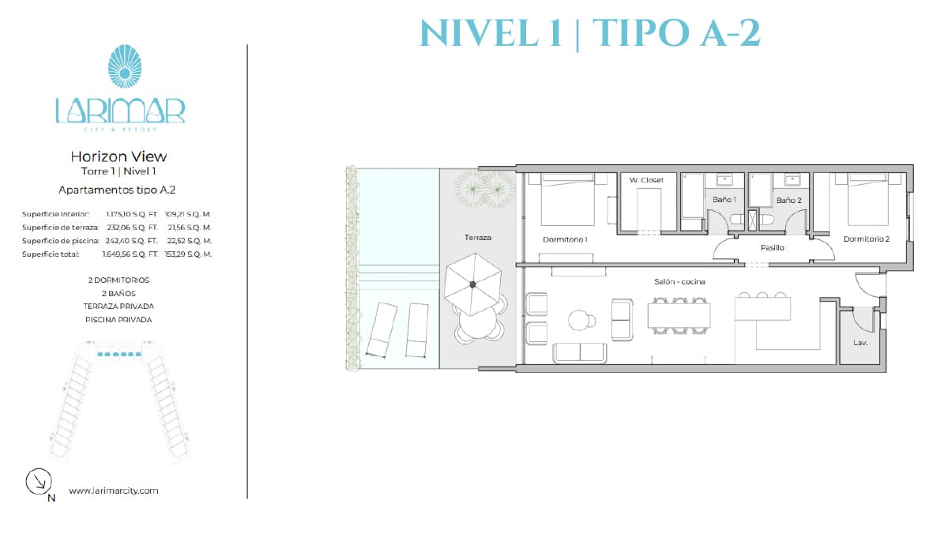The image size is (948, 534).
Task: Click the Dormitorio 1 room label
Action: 565,239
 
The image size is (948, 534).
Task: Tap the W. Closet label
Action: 646,180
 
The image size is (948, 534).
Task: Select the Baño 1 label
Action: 724,199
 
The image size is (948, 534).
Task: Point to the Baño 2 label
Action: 789,200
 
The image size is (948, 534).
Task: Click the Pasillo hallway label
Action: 773,247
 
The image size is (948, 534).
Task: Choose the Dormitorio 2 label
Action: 867,239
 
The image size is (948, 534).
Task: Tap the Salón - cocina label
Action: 679,281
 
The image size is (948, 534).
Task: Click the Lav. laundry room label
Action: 860,342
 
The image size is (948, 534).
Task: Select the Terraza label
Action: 478,238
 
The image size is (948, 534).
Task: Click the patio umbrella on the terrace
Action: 473,284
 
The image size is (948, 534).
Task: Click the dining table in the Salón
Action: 679,316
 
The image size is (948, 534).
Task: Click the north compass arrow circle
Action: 39,481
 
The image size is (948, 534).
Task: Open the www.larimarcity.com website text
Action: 114,491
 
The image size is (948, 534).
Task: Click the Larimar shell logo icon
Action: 125,66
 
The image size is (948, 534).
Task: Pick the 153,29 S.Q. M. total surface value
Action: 188,254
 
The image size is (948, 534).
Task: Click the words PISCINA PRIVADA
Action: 118,319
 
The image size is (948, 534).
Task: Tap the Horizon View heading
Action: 118,156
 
